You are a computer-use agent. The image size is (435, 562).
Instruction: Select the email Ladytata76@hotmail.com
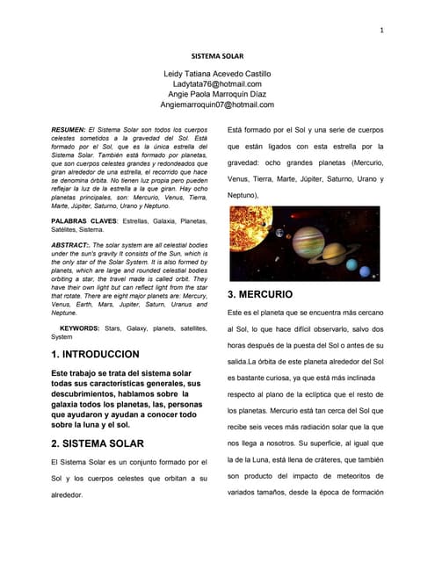point(217,83)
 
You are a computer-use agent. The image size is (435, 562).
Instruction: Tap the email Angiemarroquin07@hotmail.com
point(217,104)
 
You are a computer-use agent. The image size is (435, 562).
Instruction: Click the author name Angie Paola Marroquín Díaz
point(217,94)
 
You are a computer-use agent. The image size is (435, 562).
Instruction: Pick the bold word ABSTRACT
point(71,244)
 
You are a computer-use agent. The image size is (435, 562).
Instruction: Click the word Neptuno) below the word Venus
point(243,194)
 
